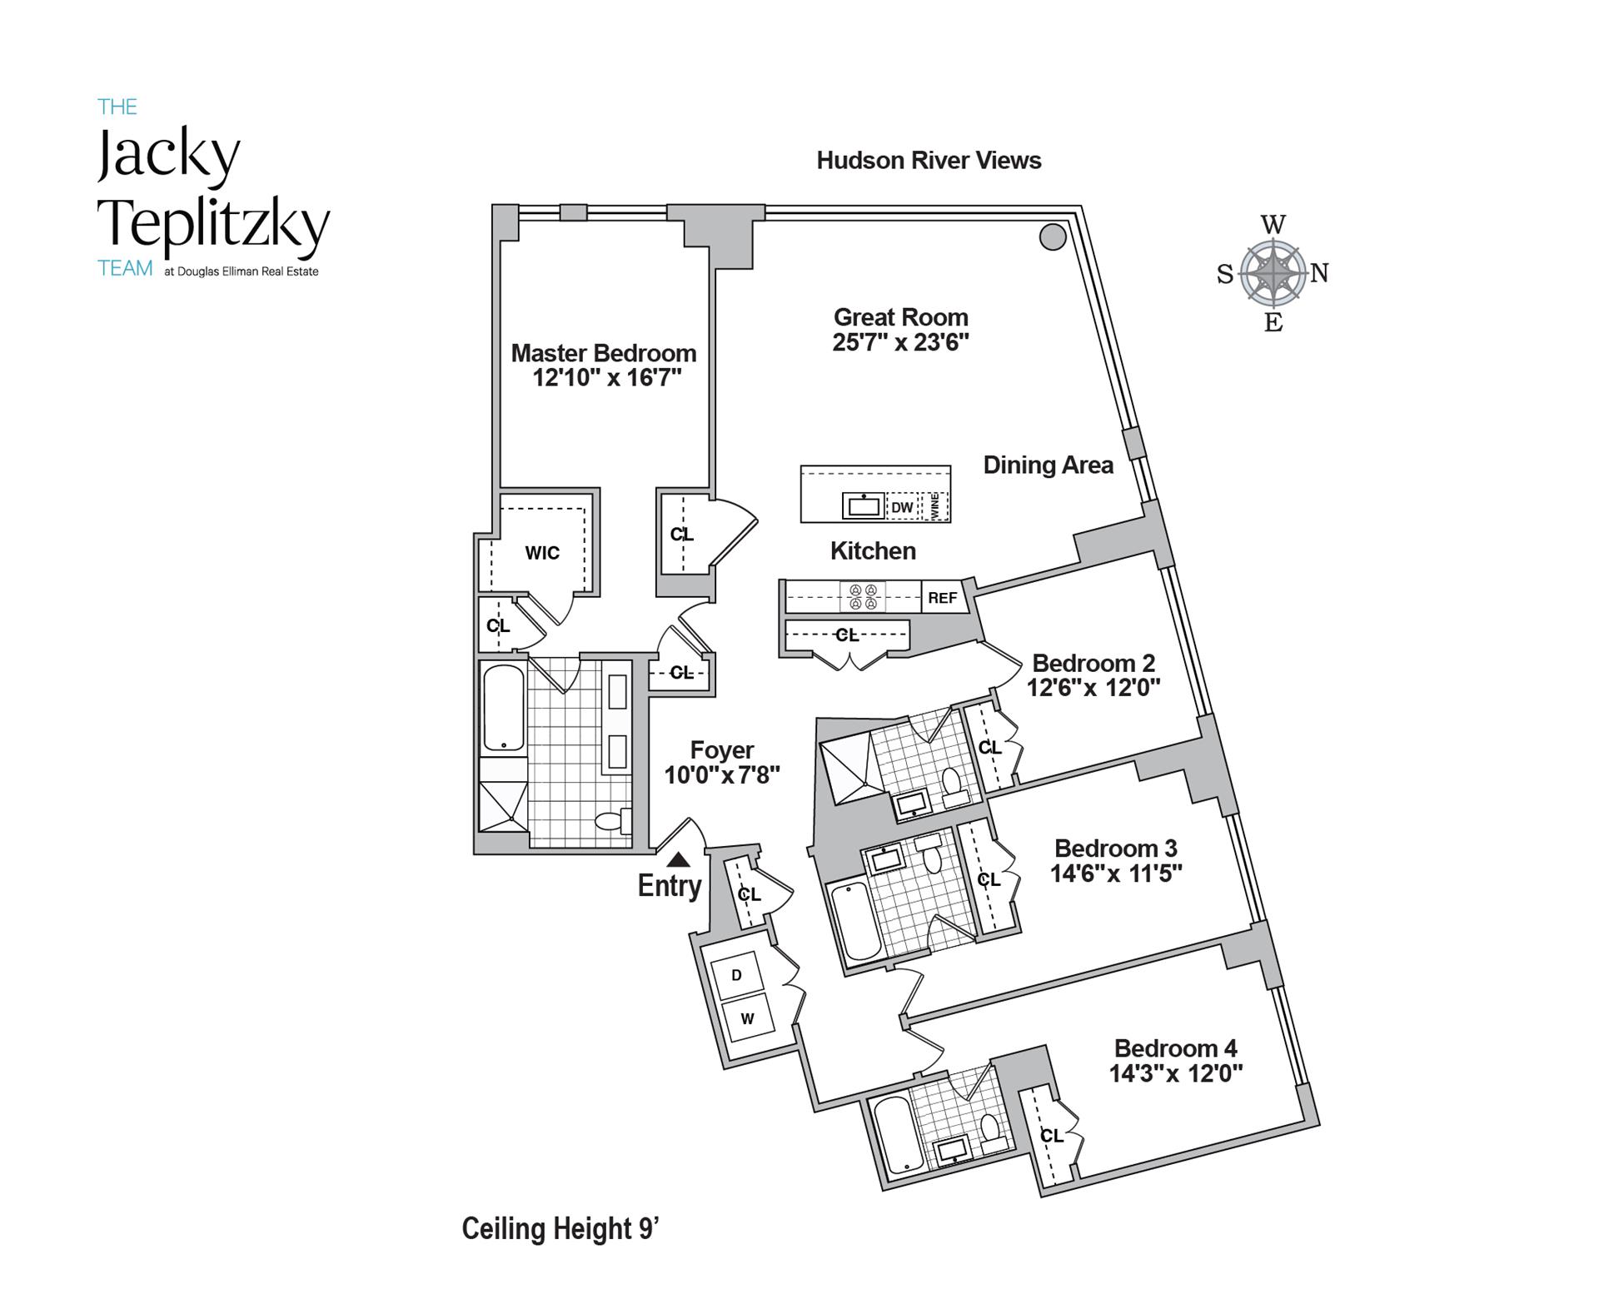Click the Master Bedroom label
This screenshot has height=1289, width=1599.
point(603,353)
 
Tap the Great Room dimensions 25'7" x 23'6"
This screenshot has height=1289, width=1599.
point(900,342)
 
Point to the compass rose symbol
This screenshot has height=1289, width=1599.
point(1273,272)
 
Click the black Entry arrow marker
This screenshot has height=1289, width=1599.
point(679,859)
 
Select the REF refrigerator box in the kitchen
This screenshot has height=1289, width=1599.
point(942,598)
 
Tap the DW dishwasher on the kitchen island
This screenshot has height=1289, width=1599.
point(902,507)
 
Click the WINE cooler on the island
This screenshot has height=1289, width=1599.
point(935,506)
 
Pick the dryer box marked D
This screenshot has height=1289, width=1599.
point(736,974)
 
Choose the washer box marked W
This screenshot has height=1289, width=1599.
point(747,1018)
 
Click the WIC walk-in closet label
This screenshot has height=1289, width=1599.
point(542,553)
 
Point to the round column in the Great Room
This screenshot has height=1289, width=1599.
point(1053,237)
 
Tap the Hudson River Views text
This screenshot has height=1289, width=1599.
point(929,161)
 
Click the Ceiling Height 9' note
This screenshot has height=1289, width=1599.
point(560,1228)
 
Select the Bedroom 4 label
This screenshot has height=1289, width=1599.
point(1175,1048)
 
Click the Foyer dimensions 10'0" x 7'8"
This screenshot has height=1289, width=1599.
point(721,775)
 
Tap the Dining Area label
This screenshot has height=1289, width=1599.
point(1048,465)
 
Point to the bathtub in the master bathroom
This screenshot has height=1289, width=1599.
point(504,708)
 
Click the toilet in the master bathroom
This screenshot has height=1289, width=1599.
point(611,820)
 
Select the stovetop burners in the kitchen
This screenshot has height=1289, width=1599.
point(863,597)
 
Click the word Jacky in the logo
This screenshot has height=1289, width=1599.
point(169,155)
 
